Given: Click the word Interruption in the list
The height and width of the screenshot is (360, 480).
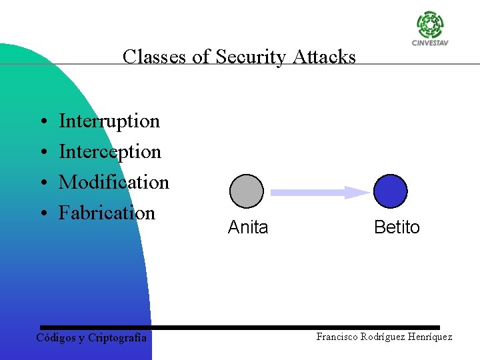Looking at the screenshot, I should (109, 121).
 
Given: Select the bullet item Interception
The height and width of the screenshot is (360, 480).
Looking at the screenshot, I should (110, 152).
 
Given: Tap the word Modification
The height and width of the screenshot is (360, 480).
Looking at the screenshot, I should (114, 182).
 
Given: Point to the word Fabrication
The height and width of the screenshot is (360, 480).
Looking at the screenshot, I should (107, 213).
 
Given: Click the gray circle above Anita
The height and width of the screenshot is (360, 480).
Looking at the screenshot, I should (247, 191).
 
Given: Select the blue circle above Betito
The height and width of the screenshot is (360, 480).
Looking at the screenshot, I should (390, 191).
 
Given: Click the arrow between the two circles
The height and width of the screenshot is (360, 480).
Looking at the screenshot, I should (319, 193).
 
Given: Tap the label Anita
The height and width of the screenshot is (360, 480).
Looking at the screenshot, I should (247, 227).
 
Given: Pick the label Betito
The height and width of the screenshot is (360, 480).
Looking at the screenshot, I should (397, 227).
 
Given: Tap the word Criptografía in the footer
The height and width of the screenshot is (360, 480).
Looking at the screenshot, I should (117, 338).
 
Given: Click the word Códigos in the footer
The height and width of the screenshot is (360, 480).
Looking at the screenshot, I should (57, 338).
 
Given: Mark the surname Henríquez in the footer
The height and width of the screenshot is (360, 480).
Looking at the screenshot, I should (427, 337).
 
